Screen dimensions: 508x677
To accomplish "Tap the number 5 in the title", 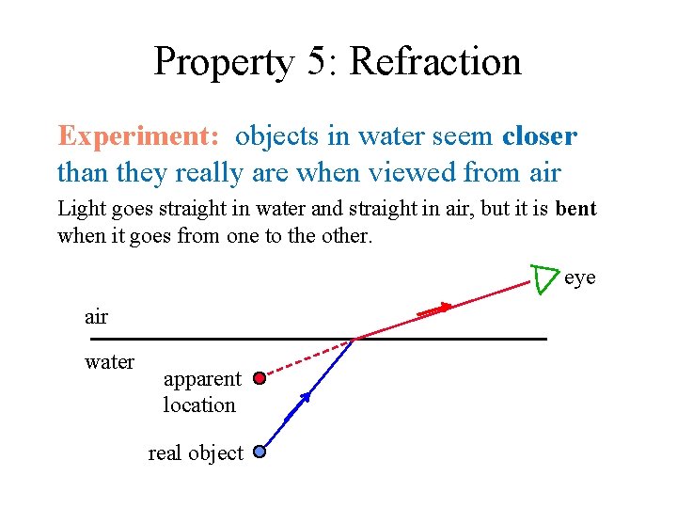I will pyautogui.click(x=317, y=62).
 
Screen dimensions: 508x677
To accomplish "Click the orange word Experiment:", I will pyautogui.click(x=139, y=136).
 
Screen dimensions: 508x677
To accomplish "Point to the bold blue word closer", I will pyautogui.click(x=540, y=136).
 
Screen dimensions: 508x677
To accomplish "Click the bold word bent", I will pyautogui.click(x=575, y=208).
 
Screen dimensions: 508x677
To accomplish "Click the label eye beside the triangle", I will pyautogui.click(x=580, y=278).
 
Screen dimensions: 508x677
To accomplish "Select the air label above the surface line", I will pyautogui.click(x=96, y=317).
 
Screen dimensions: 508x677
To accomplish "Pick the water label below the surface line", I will pyautogui.click(x=109, y=362).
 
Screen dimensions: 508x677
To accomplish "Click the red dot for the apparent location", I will pyautogui.click(x=260, y=380).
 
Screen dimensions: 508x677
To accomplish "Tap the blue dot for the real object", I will pyautogui.click(x=260, y=452).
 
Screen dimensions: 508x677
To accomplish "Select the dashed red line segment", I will pyautogui.click(x=307, y=358).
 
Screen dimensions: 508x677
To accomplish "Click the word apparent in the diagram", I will pyautogui.click(x=202, y=379).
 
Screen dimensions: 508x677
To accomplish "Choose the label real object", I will pyautogui.click(x=195, y=452).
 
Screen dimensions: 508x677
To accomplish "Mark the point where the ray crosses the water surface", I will pyautogui.click(x=355, y=338).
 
